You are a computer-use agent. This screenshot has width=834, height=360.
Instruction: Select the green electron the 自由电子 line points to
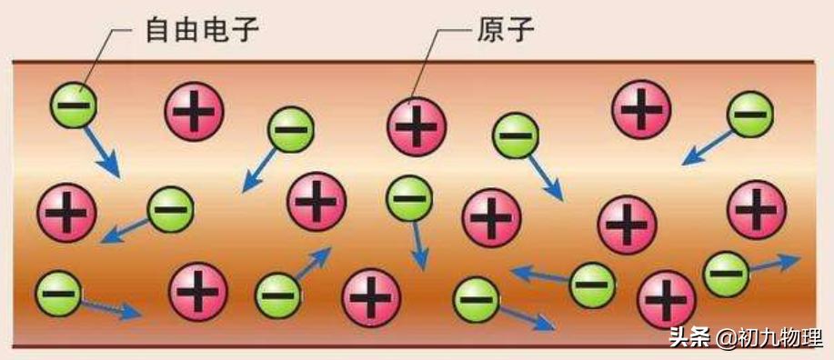click(73, 104)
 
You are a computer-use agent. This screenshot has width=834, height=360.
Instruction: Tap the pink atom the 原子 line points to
click(417, 125)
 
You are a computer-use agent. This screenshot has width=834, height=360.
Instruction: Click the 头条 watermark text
click(689, 338)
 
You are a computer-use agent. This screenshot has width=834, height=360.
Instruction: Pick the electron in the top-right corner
click(749, 114)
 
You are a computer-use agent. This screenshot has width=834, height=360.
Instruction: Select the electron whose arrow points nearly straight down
click(408, 198)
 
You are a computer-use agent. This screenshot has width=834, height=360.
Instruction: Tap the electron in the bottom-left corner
click(58, 293)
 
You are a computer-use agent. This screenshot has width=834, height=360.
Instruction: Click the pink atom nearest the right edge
click(757, 208)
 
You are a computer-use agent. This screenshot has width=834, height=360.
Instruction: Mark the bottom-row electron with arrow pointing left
click(592, 284)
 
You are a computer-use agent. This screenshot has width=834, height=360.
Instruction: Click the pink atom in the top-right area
click(642, 109)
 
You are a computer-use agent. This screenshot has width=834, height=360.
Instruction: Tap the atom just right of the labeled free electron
click(194, 111)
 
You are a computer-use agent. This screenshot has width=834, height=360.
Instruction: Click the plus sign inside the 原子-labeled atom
click(417, 125)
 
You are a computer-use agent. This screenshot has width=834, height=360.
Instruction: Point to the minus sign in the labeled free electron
click(73, 104)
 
